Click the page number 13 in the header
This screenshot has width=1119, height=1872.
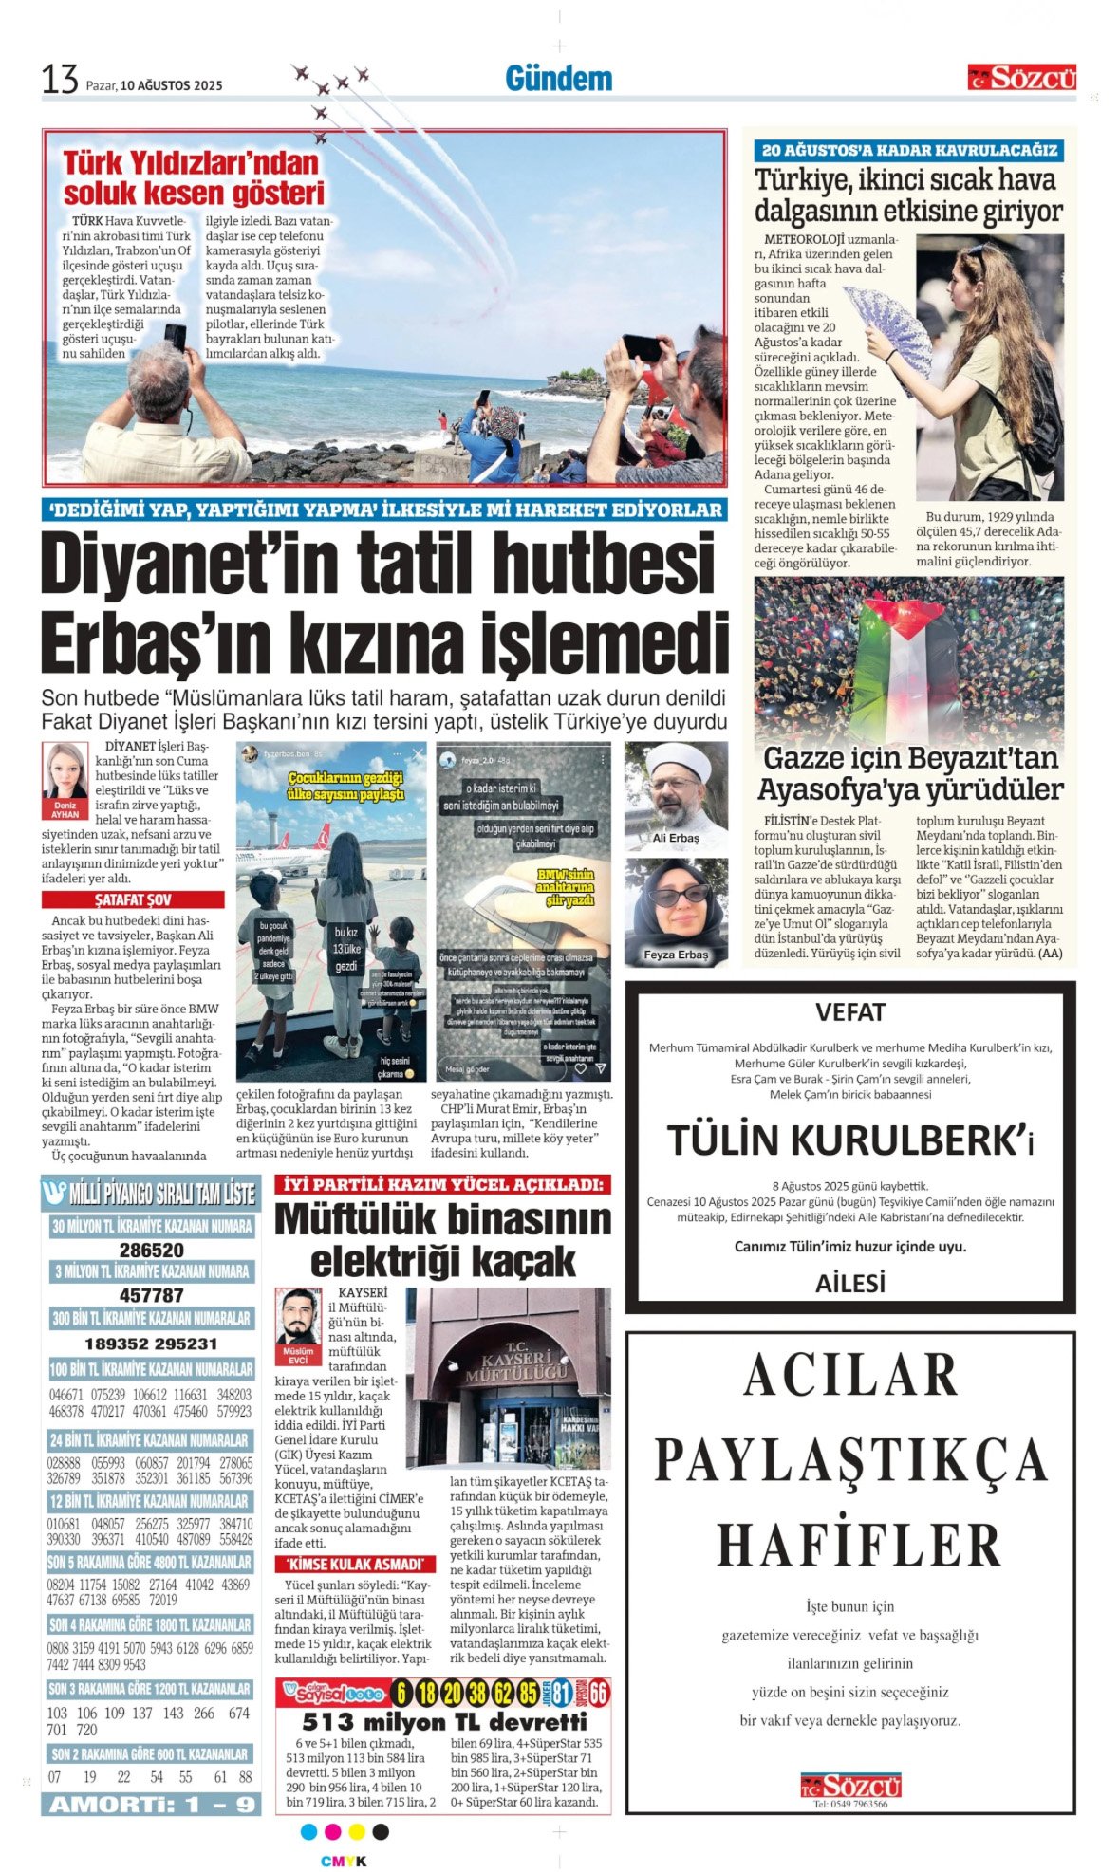(59, 80)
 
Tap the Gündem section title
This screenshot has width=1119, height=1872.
(558, 79)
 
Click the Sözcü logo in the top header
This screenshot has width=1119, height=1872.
(1021, 78)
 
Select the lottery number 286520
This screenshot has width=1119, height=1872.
(152, 1251)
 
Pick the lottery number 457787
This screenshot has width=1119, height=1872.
(152, 1295)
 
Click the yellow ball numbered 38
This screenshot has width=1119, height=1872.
(476, 1693)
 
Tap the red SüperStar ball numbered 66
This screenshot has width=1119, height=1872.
(599, 1693)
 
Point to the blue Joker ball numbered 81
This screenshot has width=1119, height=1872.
(562, 1693)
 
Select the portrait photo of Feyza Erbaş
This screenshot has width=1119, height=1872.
(676, 906)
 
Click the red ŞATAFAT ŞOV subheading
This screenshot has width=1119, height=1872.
(133, 899)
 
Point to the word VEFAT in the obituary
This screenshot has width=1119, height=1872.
(849, 1012)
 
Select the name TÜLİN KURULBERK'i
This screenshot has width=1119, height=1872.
(849, 1140)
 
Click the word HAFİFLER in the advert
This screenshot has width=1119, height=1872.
(859, 1545)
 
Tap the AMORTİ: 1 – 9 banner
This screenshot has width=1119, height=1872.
(152, 1804)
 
